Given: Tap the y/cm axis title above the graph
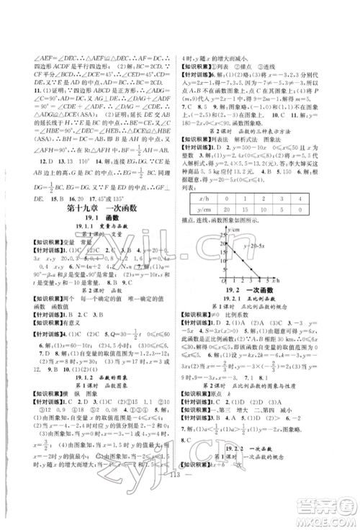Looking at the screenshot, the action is tap(228, 225).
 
